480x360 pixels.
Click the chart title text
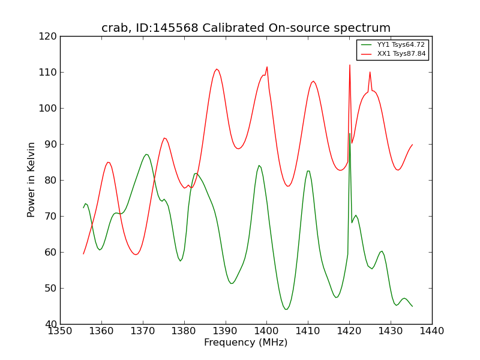tap(246, 28)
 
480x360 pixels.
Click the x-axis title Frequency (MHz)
tap(246, 343)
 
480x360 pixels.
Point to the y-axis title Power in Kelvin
tap(32, 179)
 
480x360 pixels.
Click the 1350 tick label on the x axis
tap(60, 331)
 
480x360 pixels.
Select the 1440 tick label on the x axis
tap(432, 331)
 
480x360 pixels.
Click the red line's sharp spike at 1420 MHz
tap(350, 65)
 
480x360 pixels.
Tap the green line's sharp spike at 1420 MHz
tap(350, 134)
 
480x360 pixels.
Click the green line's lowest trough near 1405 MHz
tap(286, 309)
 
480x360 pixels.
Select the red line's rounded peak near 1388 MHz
tap(217, 69)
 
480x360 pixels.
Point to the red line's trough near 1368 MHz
tap(136, 254)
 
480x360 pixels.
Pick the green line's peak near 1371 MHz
tap(146, 154)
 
